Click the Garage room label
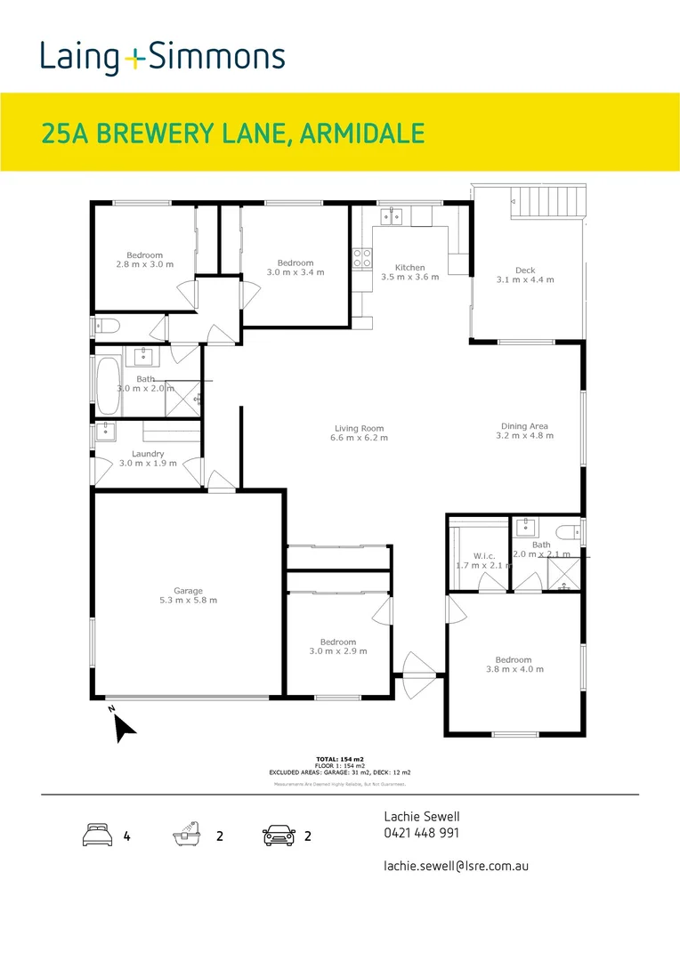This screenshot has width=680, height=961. point(188,591)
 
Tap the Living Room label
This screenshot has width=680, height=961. point(359,427)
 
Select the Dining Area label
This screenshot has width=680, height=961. point(524,426)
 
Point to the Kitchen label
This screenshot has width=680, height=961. point(410,267)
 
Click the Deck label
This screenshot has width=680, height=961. point(525,271)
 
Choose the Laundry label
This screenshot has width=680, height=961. point(148,454)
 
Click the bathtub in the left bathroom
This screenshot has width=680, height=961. point(108,384)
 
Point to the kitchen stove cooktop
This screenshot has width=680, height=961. point(363,258)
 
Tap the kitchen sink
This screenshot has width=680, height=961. point(393,214)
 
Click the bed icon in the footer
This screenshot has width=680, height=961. point(96,836)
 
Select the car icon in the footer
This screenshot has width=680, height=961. point(279,836)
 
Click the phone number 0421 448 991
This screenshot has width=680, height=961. point(422,834)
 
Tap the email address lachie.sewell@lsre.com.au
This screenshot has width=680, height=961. point(456,865)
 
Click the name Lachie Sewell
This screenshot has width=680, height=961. point(422,816)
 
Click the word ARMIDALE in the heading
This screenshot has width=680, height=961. point(362,133)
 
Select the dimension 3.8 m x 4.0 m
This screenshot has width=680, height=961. point(514,669)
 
